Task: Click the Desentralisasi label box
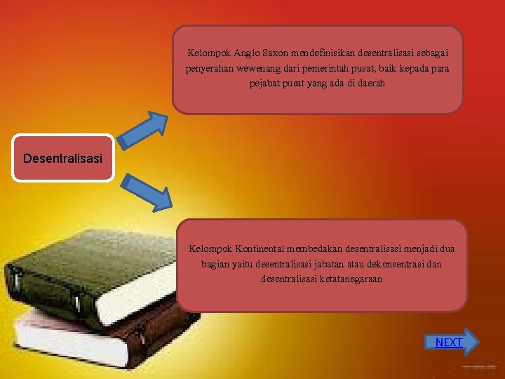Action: [x=62, y=158]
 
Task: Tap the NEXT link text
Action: [x=449, y=343]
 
